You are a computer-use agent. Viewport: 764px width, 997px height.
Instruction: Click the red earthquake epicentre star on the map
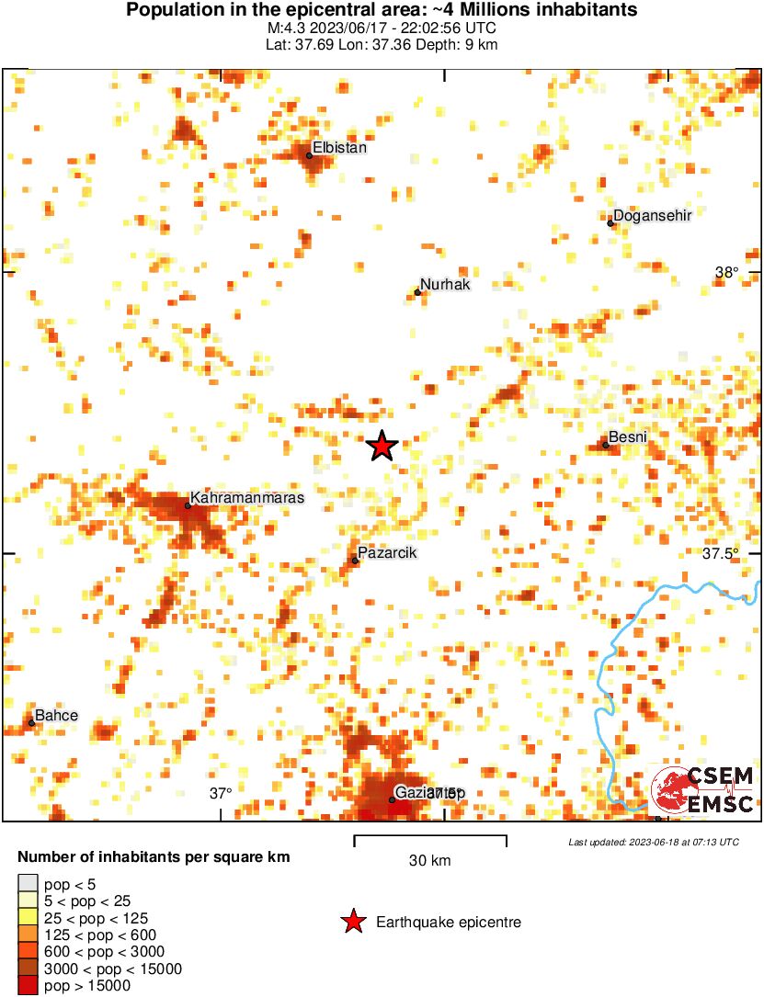[382, 447]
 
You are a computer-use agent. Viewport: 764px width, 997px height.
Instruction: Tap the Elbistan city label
[339, 147]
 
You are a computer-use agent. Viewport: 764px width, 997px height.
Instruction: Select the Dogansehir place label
[652, 215]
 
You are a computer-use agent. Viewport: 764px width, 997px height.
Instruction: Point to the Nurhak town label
[445, 285]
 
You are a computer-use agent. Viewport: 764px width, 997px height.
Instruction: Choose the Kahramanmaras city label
[246, 497]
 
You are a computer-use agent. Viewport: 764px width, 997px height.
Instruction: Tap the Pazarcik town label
[387, 553]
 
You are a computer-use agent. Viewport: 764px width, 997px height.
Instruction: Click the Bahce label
[56, 716]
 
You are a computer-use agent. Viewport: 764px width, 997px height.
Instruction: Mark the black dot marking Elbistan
[309, 155]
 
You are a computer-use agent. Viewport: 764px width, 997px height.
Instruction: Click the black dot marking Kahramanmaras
[188, 505]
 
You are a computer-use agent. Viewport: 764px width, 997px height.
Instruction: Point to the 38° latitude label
[726, 272]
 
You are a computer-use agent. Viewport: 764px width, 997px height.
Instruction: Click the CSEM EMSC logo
[702, 790]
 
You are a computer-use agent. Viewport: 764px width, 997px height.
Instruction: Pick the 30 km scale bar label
[429, 861]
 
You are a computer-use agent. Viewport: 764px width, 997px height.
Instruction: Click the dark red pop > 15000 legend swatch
[29, 985]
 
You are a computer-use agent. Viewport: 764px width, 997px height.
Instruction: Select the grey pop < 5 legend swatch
[29, 884]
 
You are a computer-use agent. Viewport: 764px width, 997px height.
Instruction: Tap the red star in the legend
[352, 922]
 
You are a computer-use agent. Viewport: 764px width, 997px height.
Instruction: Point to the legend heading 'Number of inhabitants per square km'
[154, 857]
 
